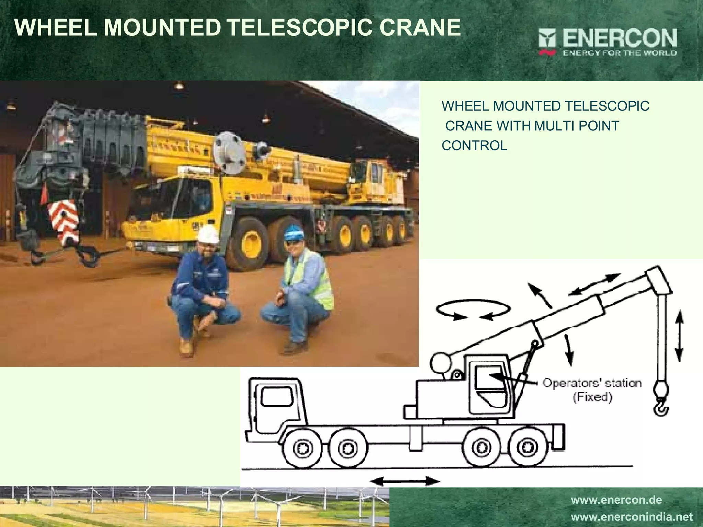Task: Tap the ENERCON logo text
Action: [620, 39]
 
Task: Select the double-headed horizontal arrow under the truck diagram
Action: [405, 481]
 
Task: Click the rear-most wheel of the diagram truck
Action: [525, 447]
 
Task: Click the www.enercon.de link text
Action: [616, 500]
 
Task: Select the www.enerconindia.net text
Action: [632, 516]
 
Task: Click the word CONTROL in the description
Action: [474, 146]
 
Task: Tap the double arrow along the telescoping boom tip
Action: [594, 284]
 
